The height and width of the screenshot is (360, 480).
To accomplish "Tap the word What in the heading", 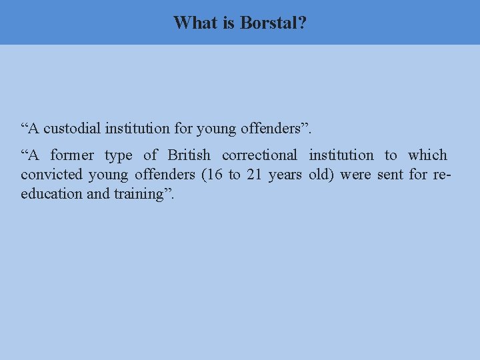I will click(x=195, y=23).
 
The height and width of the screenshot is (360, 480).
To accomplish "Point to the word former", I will click(x=72, y=155).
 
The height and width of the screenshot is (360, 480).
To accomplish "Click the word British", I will click(x=189, y=155).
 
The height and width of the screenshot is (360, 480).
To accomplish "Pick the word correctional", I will click(x=259, y=155).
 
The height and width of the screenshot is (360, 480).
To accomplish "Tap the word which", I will click(x=427, y=155).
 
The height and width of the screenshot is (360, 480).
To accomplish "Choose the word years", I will click(x=285, y=175).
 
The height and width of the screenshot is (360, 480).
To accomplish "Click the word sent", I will click(x=390, y=175).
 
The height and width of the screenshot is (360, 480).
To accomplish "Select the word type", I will click(x=118, y=155).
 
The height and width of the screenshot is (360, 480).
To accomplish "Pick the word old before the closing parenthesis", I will click(x=321, y=175).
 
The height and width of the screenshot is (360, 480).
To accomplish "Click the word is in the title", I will click(x=228, y=23).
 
